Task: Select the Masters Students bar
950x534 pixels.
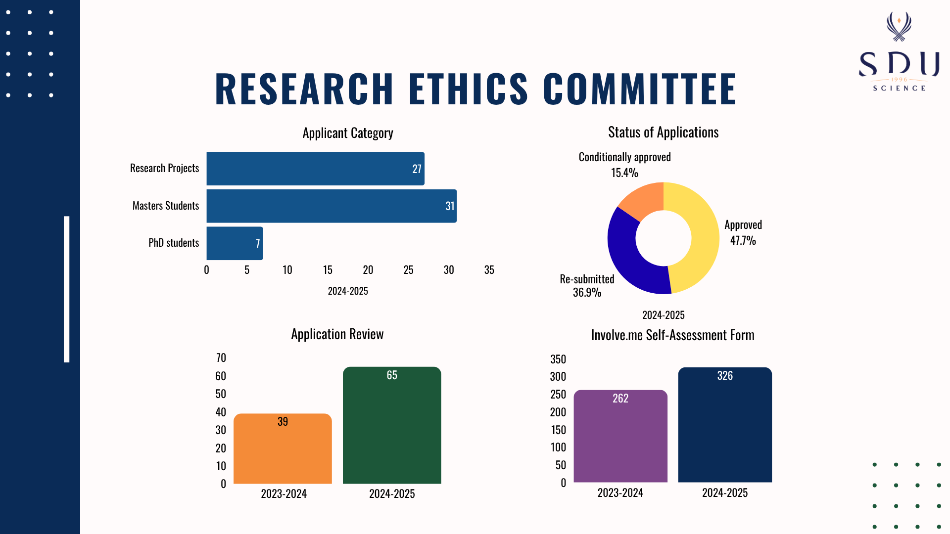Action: [x=331, y=206]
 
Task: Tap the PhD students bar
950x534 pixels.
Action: [x=234, y=243]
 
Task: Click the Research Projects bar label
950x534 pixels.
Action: [x=164, y=168]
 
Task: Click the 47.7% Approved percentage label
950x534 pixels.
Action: [x=743, y=241]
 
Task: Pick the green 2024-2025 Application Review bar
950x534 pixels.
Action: [x=392, y=425]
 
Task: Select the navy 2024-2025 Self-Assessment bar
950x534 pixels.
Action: [x=725, y=425]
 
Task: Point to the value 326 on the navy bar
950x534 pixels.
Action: [x=725, y=376]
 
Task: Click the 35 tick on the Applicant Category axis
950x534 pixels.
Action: [x=489, y=270]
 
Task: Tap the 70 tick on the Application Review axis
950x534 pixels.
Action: [x=221, y=358]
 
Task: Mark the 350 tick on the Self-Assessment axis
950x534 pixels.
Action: [x=558, y=359]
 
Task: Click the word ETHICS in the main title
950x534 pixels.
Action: [x=468, y=89]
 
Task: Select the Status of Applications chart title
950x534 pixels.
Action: [x=663, y=133]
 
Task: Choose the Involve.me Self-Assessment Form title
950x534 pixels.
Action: [x=672, y=335]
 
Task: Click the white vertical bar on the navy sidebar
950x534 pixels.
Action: [x=67, y=289]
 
